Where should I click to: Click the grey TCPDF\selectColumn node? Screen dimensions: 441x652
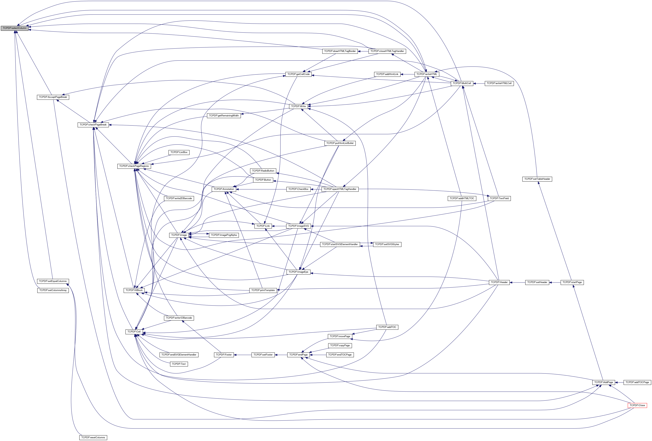[15, 28]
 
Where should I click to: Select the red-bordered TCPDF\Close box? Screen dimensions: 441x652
[637, 405]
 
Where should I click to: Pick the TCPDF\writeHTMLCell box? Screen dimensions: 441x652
[499, 83]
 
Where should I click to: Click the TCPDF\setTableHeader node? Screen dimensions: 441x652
[537, 179]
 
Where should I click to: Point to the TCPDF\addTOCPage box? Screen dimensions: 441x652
[637, 382]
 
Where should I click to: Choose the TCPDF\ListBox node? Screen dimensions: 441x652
[179, 152]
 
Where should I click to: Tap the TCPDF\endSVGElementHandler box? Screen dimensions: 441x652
[179, 355]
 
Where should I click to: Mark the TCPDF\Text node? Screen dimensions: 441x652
[179, 364]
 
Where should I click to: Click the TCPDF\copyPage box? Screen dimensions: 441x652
[340, 345]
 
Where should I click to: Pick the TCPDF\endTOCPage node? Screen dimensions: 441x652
[340, 355]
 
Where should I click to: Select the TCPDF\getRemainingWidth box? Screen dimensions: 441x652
[224, 115]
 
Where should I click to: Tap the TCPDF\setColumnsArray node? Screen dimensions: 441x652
[53, 290]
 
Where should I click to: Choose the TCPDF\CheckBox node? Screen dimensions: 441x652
[298, 189]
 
